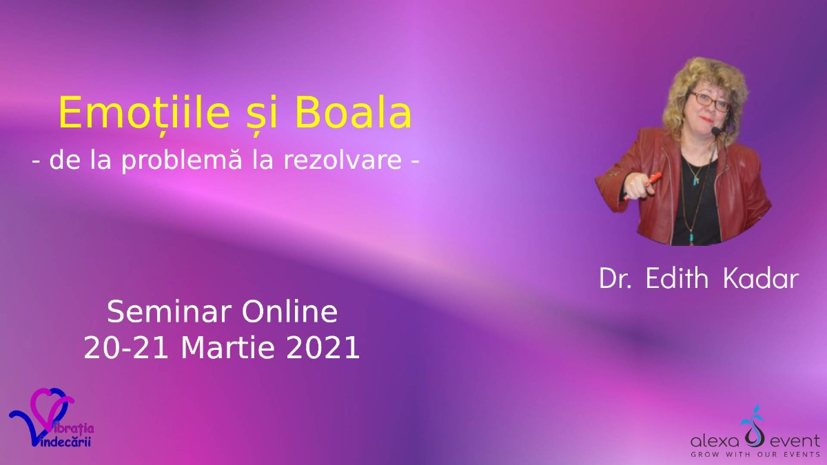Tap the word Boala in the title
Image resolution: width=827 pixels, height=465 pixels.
[353, 112]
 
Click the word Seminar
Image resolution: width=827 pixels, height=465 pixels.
[169, 312]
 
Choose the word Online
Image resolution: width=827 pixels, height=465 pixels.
[289, 312]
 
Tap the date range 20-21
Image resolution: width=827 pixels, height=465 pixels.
[126, 348]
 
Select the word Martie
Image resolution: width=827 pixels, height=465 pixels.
[227, 348]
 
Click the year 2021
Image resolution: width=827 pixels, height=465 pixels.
[323, 348]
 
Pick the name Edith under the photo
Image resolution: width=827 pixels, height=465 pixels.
[677, 278]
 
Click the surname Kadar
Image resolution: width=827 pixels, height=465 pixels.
[761, 278]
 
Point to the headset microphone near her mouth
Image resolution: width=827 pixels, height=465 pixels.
[717, 131]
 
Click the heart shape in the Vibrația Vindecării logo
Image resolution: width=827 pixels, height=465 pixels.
[52, 409]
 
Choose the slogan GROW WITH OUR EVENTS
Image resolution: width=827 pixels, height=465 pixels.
[755, 455]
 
